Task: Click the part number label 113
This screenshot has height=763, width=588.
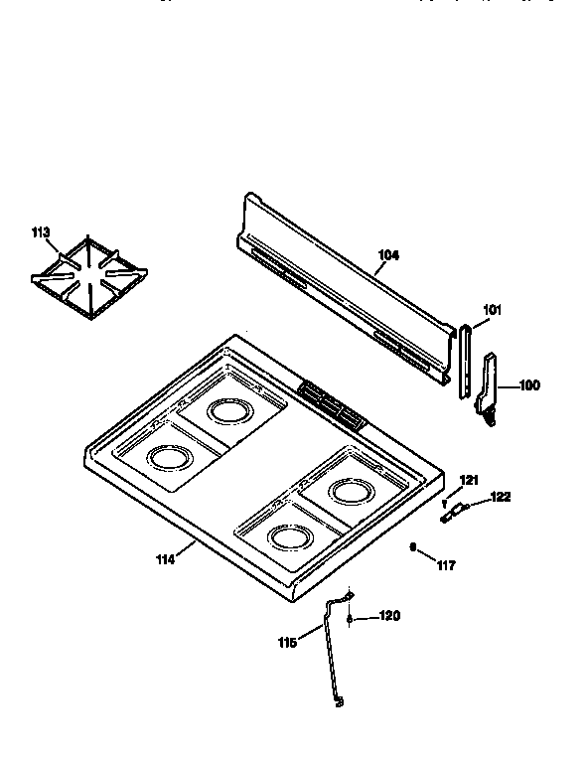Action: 40,232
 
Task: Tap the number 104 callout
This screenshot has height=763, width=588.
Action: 388,255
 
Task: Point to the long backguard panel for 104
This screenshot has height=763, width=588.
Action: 338,288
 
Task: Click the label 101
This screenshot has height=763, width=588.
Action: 493,309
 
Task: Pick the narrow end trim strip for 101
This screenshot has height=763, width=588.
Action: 465,360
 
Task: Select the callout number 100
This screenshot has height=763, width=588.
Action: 529,385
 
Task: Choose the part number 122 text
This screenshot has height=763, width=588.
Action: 501,497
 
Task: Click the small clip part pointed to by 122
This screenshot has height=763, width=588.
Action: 454,512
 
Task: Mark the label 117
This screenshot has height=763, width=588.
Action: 446,565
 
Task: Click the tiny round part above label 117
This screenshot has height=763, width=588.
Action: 413,546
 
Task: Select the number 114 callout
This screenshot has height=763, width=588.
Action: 165,559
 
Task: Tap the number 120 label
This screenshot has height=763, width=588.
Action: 389,617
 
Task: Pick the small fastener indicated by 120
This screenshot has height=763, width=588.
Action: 350,618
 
